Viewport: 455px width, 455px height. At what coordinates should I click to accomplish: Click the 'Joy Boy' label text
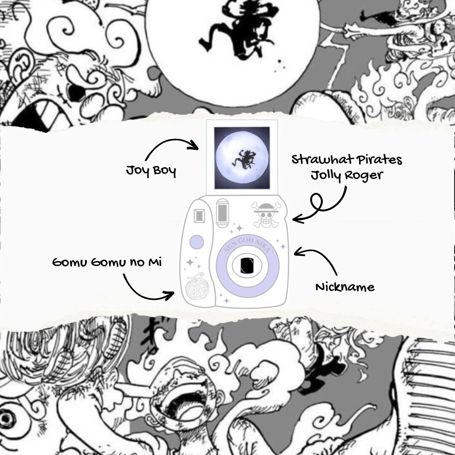coord(151,171)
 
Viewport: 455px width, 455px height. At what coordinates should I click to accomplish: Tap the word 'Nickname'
coord(345,287)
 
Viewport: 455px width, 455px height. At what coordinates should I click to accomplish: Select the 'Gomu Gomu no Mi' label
coord(107,262)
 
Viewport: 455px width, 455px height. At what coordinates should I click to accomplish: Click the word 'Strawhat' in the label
coord(323,159)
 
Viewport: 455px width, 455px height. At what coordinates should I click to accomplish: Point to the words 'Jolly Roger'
coord(347,176)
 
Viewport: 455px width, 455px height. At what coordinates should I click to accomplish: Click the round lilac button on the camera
coord(197,242)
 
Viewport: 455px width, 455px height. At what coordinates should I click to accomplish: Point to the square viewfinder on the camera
coord(199,216)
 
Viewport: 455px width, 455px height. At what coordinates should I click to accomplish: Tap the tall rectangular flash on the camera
coord(222,213)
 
